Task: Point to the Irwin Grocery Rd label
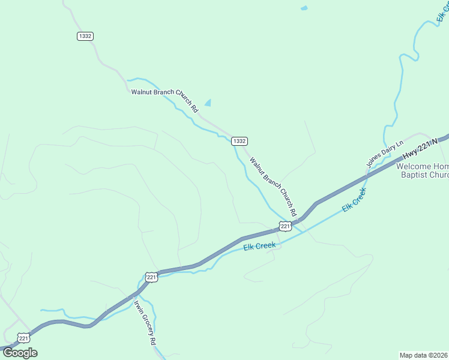coord(145,322)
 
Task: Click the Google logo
coord(20,352)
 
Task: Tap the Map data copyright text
coord(424,355)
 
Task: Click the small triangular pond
coord(208,103)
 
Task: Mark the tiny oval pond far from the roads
coord(304,8)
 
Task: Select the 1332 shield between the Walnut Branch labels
coord(239,141)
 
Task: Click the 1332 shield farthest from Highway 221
coord(85,37)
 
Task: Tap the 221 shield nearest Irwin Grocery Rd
coord(151,277)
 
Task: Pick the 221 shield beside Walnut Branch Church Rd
coord(285,226)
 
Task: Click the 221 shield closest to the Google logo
coord(23,338)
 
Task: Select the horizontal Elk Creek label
coord(259,246)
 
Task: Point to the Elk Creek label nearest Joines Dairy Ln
coord(354,199)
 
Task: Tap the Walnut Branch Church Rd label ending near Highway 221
coord(273,187)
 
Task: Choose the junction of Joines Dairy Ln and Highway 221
coord(367,175)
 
